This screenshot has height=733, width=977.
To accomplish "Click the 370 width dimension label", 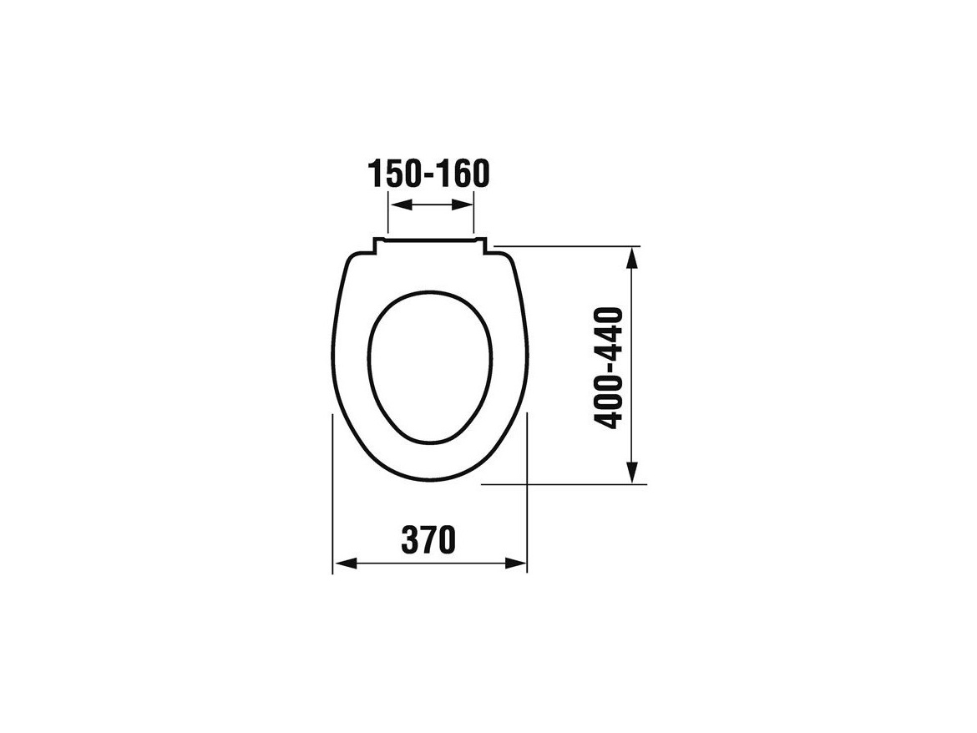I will (x=428, y=540).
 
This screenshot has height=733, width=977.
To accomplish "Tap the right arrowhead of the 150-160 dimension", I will (x=466, y=205).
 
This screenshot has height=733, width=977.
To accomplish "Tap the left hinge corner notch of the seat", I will (x=375, y=243).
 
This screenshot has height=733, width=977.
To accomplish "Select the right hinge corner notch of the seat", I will (x=485, y=243).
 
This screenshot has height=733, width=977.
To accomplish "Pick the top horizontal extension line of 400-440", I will (x=568, y=246).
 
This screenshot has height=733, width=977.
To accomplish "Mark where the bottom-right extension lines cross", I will (x=528, y=483).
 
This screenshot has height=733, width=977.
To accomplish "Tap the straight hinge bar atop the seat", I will (x=430, y=239).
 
